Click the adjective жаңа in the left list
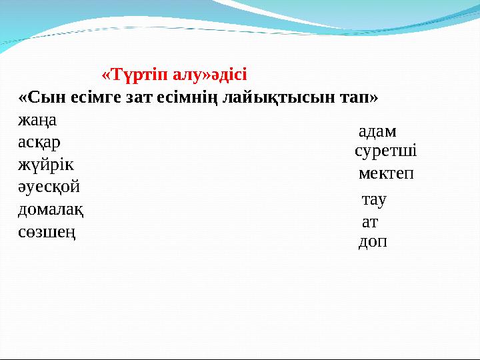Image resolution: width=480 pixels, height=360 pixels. pyautogui.click(x=37, y=121)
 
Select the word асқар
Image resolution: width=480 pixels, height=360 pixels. pyautogui.click(x=39, y=143)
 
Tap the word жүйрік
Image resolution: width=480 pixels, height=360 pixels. pyautogui.click(x=46, y=165)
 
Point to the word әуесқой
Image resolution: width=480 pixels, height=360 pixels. pyautogui.click(x=49, y=187)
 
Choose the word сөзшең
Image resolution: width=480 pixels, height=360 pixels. pyautogui.click(x=46, y=232)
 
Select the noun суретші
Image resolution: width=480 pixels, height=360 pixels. pyautogui.click(x=386, y=151)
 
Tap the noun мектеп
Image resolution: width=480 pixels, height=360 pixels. pyautogui.click(x=386, y=174)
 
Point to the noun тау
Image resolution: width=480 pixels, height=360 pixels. pyautogui.click(x=374, y=199)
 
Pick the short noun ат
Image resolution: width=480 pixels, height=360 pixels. pyautogui.click(x=369, y=221)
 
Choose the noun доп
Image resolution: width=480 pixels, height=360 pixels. pyautogui.click(x=373, y=241)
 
